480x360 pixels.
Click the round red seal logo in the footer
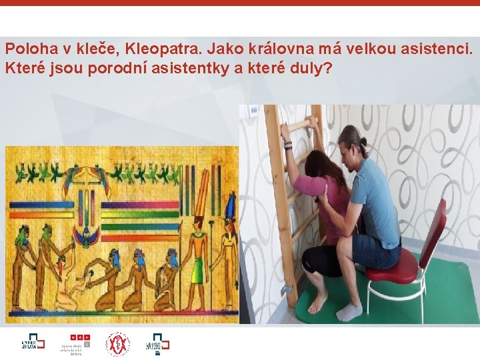click(x=117, y=343)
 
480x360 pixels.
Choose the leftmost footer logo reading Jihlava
click(x=32, y=343)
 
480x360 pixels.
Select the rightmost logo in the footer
click(x=157, y=343)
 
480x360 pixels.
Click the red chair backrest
click(x=433, y=231)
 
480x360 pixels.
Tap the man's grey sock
click(x=349, y=311)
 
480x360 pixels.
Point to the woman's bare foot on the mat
click(x=318, y=303)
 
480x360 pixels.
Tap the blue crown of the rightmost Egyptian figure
click(x=231, y=203)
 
